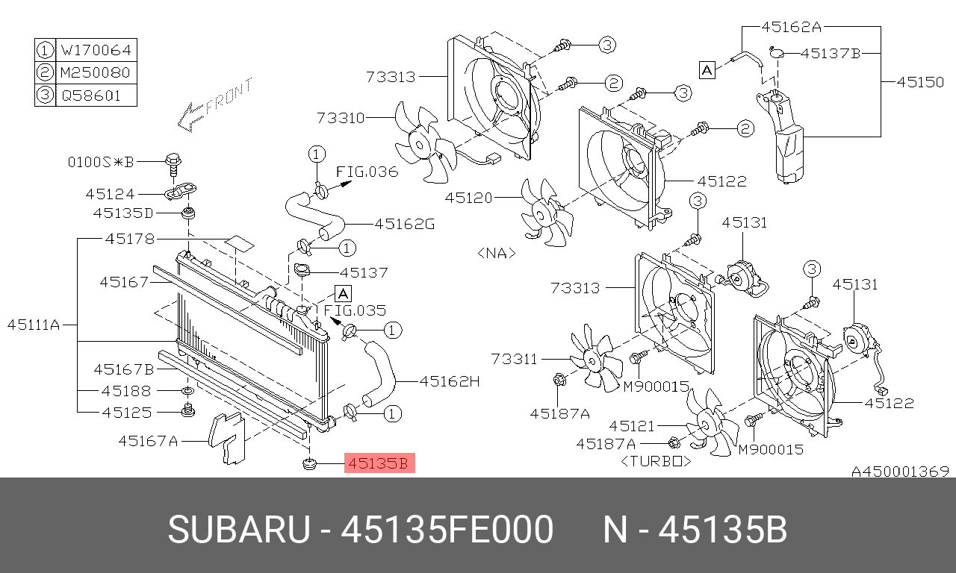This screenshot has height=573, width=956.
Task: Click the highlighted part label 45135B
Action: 379,463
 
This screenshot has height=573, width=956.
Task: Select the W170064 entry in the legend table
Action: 96,51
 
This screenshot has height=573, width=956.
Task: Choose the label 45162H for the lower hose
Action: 449,381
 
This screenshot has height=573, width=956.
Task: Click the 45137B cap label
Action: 831,53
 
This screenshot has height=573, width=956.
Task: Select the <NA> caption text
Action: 496,253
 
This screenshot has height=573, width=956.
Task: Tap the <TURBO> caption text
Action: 656,462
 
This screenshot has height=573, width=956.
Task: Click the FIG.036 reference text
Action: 367,172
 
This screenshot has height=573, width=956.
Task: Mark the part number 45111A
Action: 33,325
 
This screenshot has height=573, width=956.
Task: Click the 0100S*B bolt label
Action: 101,161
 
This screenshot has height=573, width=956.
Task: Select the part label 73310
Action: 341,118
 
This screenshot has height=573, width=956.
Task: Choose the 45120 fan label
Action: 469,198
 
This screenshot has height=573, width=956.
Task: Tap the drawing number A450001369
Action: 900,472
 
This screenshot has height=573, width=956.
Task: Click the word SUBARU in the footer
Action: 238,530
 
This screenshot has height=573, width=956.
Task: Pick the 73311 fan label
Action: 515,359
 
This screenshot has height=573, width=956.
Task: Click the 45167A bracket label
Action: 148,441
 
